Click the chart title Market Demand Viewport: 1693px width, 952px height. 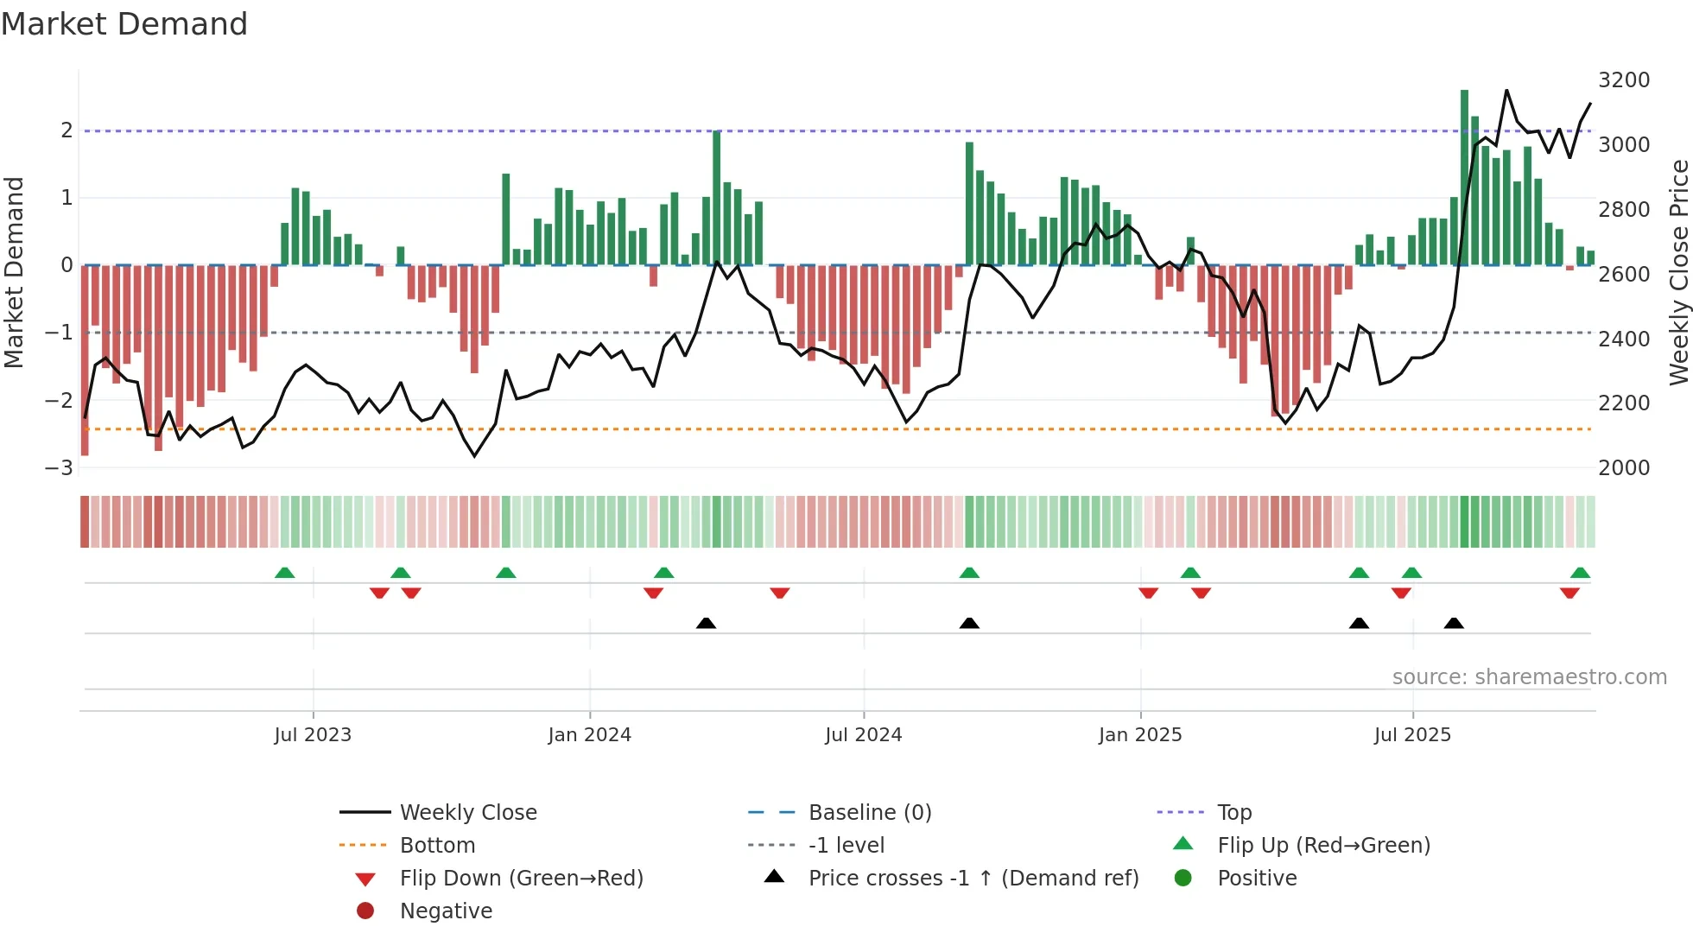124,24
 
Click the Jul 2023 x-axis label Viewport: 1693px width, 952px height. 313,735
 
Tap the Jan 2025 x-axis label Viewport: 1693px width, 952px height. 1140,735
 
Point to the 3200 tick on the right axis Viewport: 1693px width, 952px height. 1624,80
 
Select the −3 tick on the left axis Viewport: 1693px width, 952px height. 60,468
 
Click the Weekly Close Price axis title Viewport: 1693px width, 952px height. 1678,272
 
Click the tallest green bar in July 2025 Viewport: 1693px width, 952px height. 1464,177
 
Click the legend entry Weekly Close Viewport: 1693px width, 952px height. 467,813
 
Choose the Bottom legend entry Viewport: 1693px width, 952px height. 437,846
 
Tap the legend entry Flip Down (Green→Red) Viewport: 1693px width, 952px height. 521,879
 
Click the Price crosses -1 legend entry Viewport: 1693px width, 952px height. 973,879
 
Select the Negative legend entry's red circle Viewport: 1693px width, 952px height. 365,911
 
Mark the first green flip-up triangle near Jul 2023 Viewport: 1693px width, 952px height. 284,573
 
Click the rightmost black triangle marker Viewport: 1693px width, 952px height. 1454,623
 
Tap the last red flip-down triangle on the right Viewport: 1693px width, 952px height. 1569,593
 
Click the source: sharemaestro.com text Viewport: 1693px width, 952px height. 1529,677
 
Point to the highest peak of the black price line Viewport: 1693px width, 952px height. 1506,91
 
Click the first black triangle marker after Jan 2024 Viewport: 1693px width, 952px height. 706,623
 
